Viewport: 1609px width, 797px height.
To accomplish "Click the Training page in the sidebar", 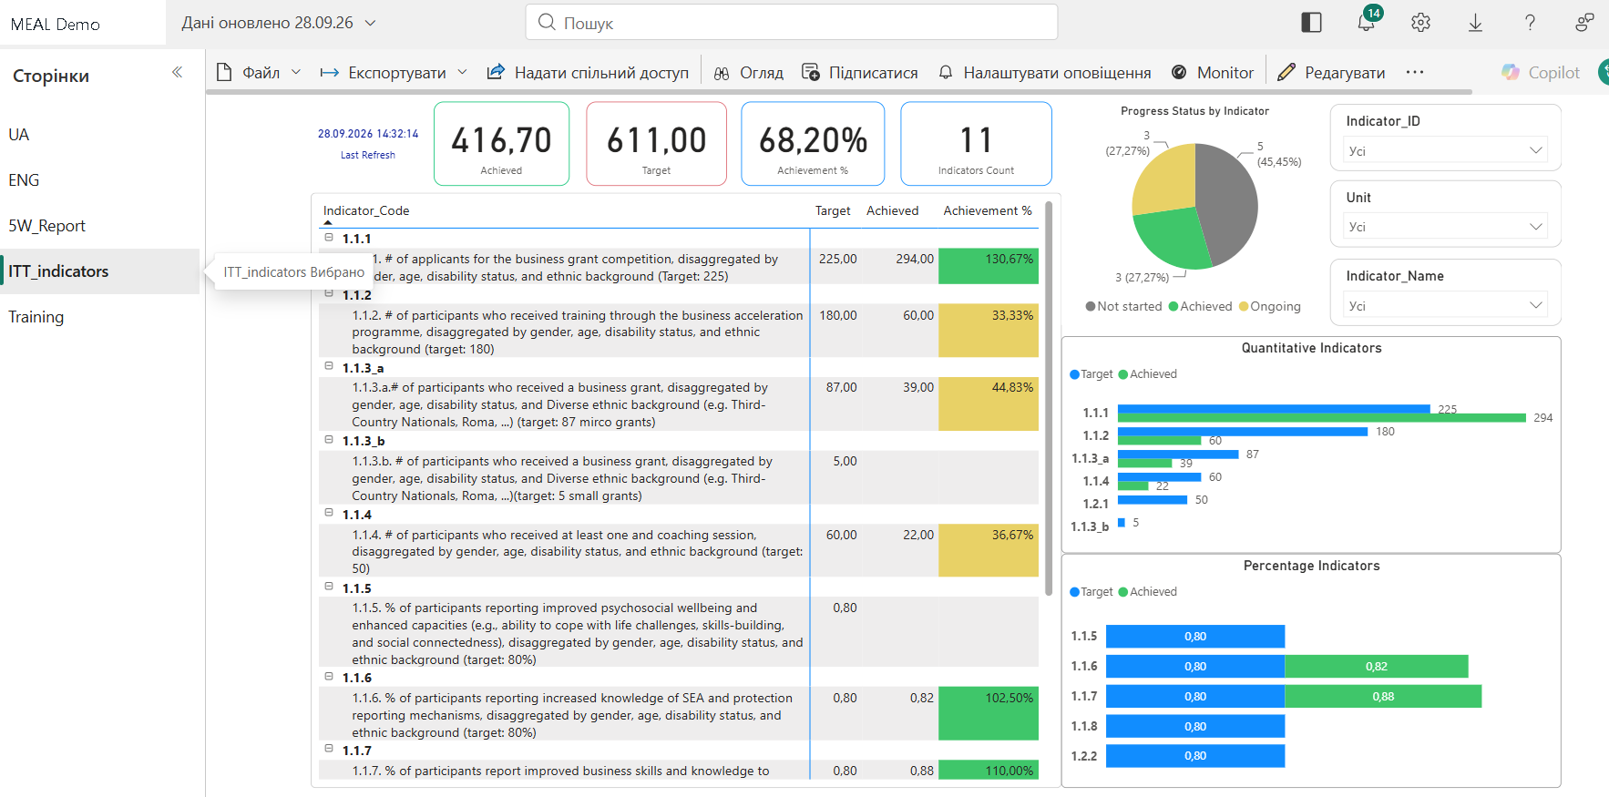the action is pyautogui.click(x=36, y=317).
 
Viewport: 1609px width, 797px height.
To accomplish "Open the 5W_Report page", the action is pyautogui.click(x=47, y=226).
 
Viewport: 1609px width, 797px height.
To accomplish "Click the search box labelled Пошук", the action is pyautogui.click(x=791, y=22).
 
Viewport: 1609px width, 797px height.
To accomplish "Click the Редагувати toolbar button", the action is pyautogui.click(x=1331, y=73).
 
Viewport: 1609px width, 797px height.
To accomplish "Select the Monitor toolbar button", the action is pyautogui.click(x=1213, y=73).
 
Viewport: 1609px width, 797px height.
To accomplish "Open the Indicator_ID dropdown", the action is pyautogui.click(x=1446, y=150).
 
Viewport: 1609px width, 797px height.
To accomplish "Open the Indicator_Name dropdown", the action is pyautogui.click(x=1446, y=305).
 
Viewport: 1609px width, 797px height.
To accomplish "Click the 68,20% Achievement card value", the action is pyautogui.click(x=813, y=140).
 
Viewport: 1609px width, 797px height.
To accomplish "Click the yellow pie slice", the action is pyautogui.click(x=1162, y=179).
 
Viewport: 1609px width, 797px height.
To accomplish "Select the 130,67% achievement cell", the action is pyautogui.click(x=989, y=266).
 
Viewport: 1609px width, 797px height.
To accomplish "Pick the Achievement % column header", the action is pyautogui.click(x=988, y=210).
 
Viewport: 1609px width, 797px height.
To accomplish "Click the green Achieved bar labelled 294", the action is pyautogui.click(x=1322, y=418).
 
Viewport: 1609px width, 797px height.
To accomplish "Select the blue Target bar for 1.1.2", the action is pyautogui.click(x=1243, y=432).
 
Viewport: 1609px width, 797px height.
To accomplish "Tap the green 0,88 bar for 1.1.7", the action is pyautogui.click(x=1383, y=697).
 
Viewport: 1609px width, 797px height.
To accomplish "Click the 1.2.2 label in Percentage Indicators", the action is pyautogui.click(x=1084, y=756).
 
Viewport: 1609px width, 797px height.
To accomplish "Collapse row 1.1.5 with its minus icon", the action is pyautogui.click(x=329, y=588).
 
